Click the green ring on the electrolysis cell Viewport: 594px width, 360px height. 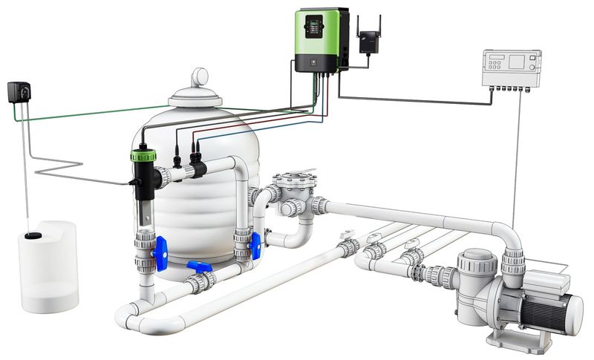pos(143,156)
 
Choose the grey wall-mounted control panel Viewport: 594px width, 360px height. pos(513,68)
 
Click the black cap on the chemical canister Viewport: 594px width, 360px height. pos(33,236)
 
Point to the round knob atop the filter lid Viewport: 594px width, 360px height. pos(200,77)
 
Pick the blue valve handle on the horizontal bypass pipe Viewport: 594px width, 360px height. pos(199,266)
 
